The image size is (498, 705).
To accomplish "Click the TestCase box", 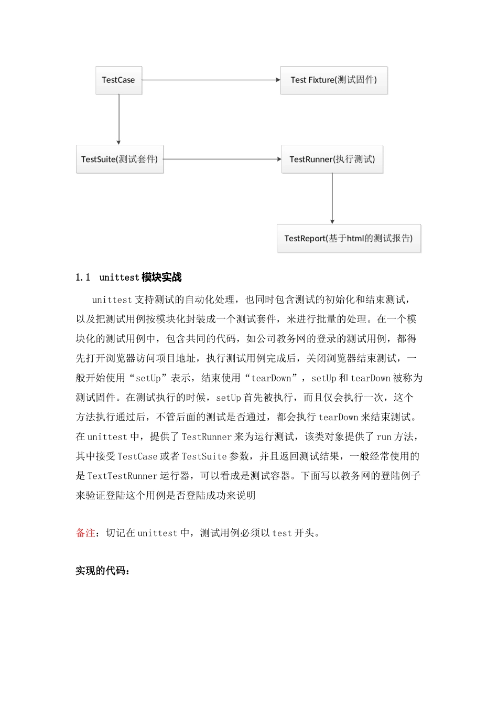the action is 118,80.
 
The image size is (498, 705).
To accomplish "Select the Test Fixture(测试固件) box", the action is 333,80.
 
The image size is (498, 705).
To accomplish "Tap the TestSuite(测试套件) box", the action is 120,159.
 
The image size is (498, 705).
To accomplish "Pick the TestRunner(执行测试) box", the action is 332,159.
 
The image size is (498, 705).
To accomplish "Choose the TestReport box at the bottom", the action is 349,239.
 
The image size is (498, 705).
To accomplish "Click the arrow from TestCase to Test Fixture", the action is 210,80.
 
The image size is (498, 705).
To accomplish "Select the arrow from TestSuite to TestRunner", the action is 222,159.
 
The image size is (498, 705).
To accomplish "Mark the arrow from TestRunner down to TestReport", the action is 332,198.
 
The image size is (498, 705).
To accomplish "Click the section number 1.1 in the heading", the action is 83,277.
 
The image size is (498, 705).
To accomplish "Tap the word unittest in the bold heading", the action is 119,277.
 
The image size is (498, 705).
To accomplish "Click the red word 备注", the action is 85,533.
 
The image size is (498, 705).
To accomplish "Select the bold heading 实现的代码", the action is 102,571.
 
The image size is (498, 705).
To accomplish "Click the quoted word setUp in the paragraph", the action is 148,378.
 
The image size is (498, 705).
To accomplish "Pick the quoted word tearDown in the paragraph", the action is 271,378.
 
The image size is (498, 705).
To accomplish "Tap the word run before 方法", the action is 384,437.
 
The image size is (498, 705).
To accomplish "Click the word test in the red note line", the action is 282,533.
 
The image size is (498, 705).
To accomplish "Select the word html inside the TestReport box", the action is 355,239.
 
